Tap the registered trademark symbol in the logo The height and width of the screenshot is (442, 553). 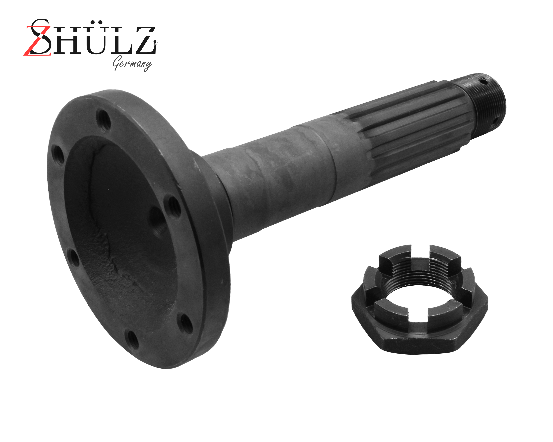155,43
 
